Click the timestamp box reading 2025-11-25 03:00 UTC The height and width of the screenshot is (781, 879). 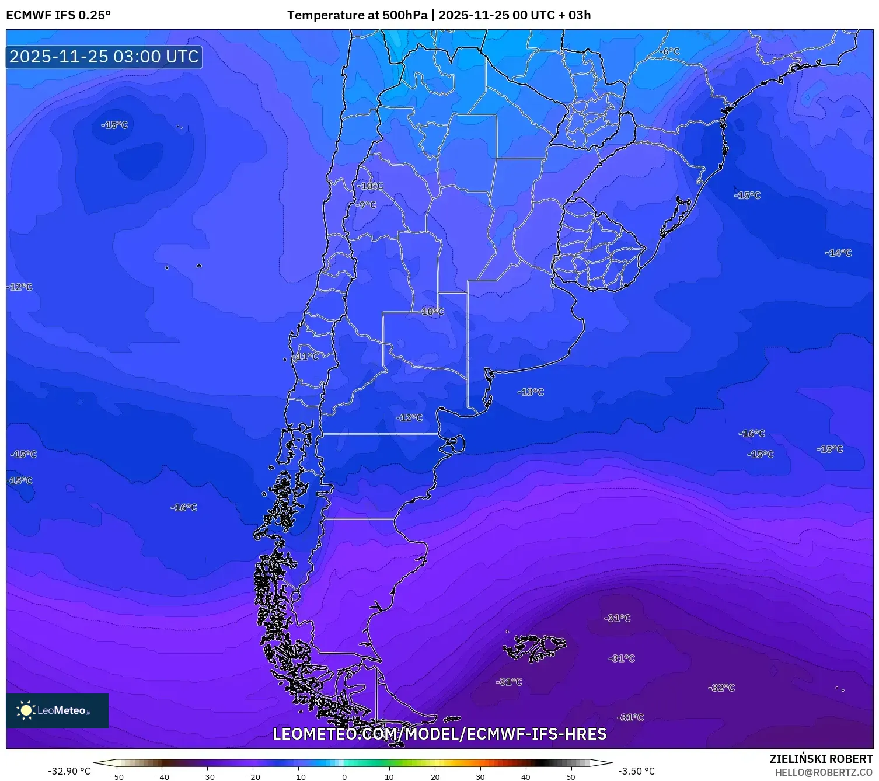pyautogui.click(x=104, y=57)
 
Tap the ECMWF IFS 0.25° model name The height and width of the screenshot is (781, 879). pyautogui.click(x=58, y=15)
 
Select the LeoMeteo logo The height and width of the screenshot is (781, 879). pyautogui.click(x=57, y=710)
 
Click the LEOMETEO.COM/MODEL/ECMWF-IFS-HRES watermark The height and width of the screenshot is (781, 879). pyautogui.click(x=439, y=734)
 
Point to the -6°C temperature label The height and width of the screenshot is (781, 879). pyautogui.click(x=671, y=51)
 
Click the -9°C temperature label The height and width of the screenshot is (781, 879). pyautogui.click(x=367, y=205)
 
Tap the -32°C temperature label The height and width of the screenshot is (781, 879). pyautogui.click(x=721, y=688)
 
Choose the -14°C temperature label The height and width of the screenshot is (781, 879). pyautogui.click(x=838, y=253)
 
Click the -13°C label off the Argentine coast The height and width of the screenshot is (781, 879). pyautogui.click(x=531, y=392)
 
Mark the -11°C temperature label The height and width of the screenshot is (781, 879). pyautogui.click(x=307, y=356)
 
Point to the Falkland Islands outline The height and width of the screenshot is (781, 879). pyautogui.click(x=534, y=647)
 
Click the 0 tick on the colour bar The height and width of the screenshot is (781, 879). pyautogui.click(x=344, y=776)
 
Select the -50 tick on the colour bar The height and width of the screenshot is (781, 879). pyautogui.click(x=117, y=776)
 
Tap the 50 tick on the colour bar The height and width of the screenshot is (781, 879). pyautogui.click(x=570, y=776)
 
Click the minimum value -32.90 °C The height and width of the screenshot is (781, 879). pyautogui.click(x=69, y=771)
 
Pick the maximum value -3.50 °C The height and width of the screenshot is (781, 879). pyautogui.click(x=636, y=771)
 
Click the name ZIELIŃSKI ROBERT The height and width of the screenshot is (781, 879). pyautogui.click(x=821, y=759)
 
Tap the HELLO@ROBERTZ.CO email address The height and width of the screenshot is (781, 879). pyautogui.click(x=823, y=772)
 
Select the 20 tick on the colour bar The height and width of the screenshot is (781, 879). pyautogui.click(x=435, y=776)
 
